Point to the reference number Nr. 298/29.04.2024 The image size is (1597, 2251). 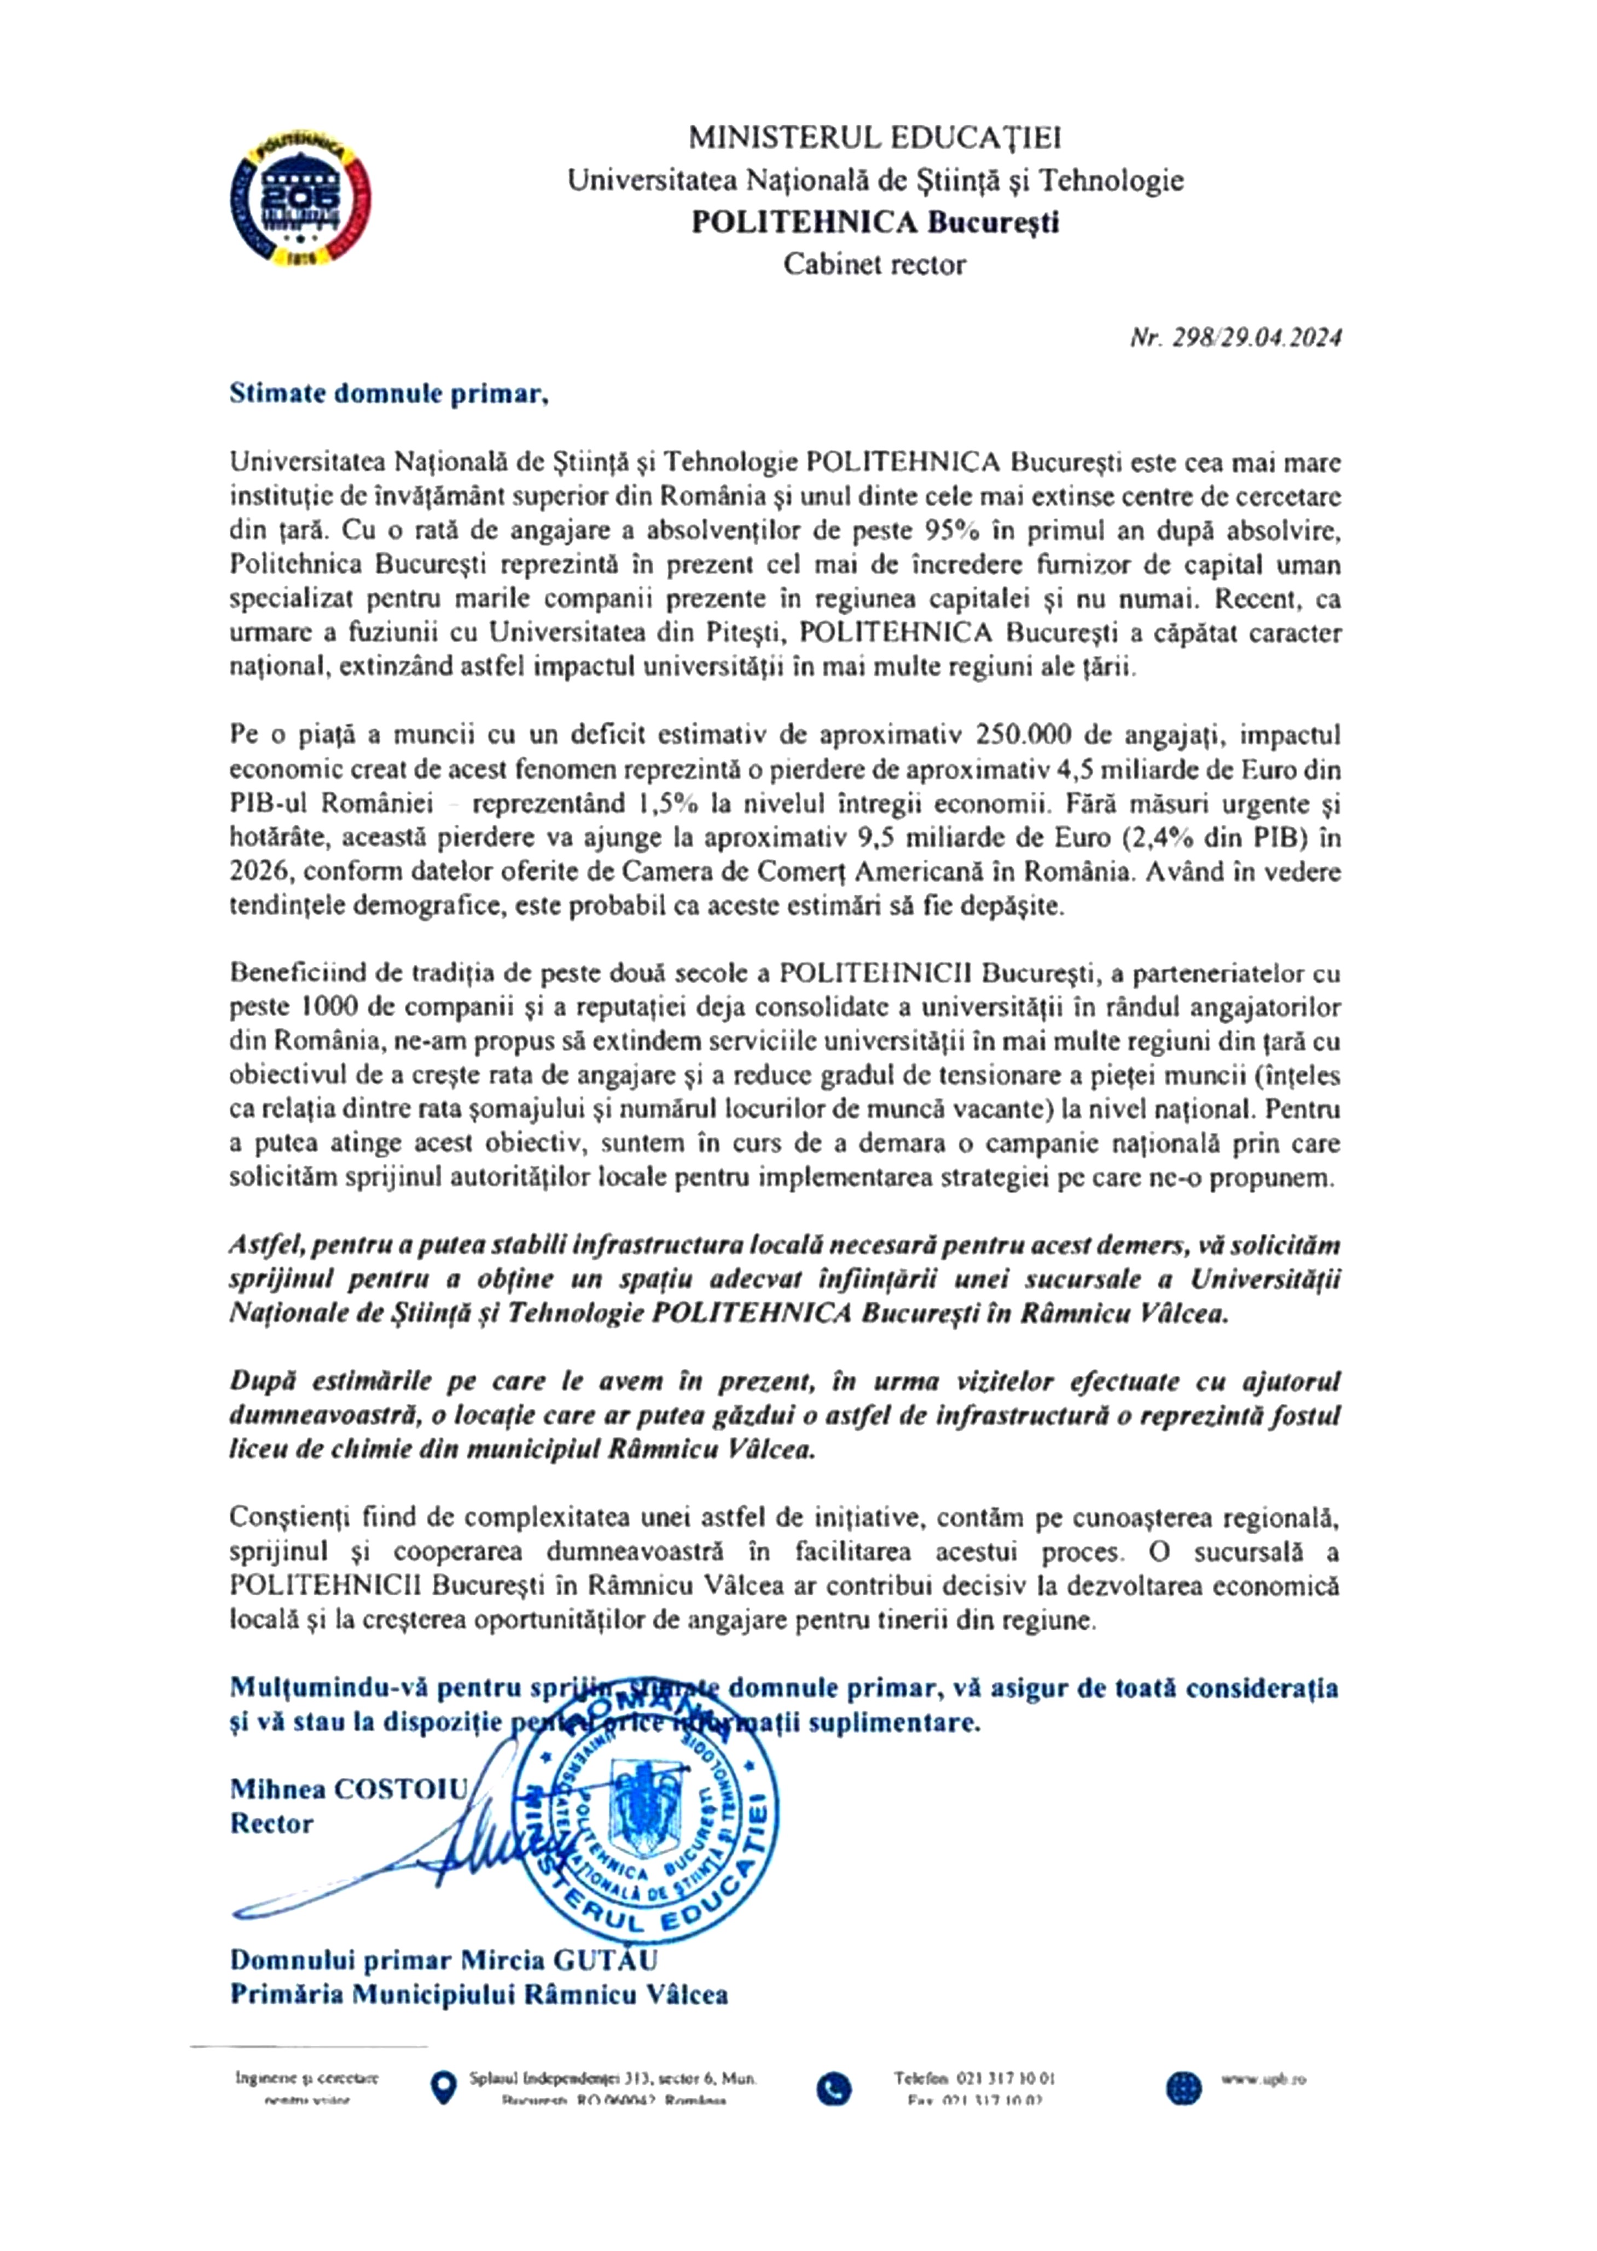click(1235, 338)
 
